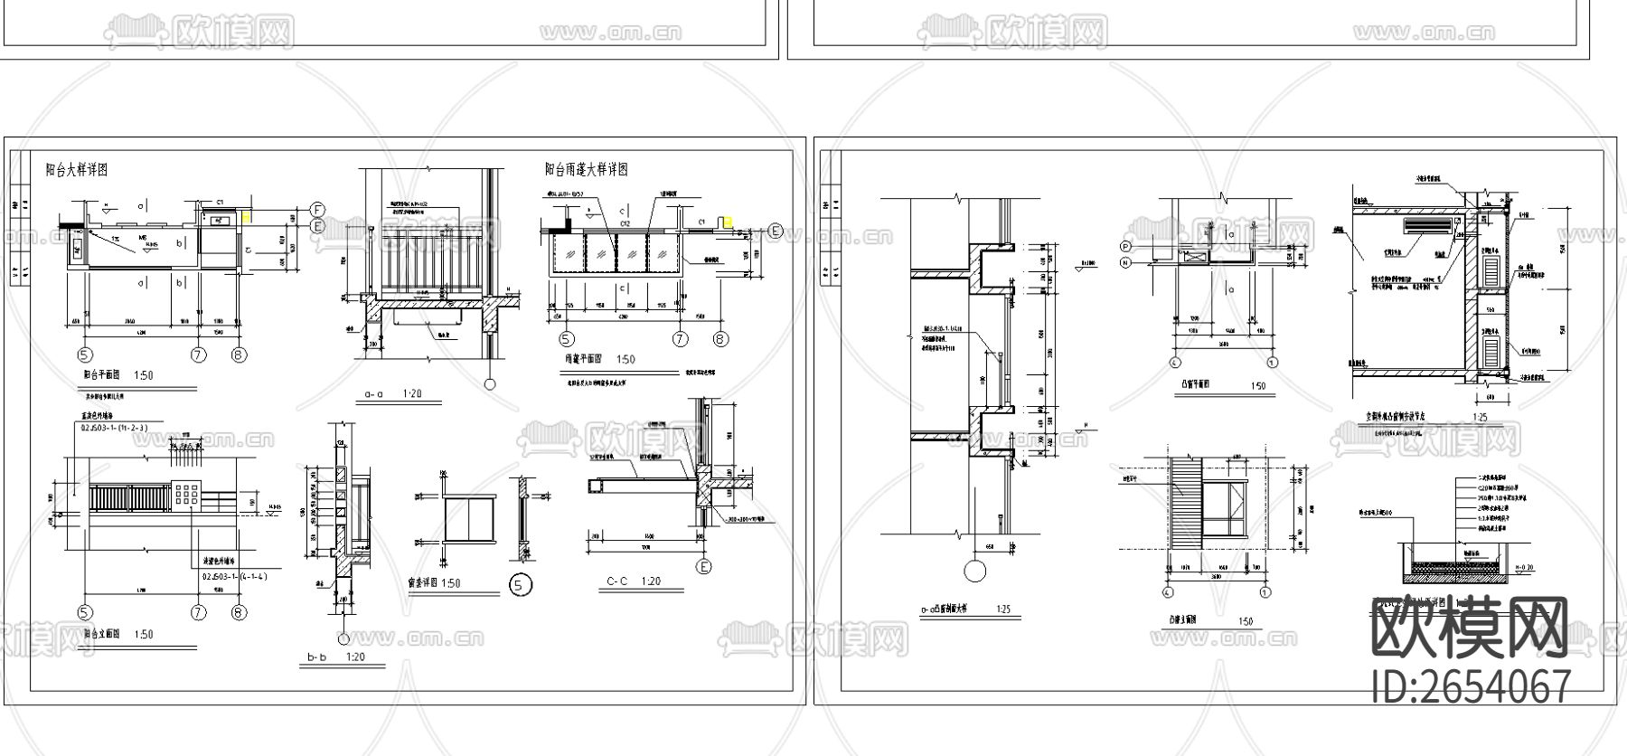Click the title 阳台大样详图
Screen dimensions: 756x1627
tap(77, 169)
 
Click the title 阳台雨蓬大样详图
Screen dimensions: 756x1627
tap(586, 169)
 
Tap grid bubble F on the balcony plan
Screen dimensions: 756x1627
tap(318, 208)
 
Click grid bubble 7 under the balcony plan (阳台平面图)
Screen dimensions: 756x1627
tap(198, 354)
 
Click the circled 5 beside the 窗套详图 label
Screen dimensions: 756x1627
tap(521, 585)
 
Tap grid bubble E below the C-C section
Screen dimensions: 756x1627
tap(703, 567)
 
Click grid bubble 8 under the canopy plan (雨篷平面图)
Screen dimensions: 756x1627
tap(720, 340)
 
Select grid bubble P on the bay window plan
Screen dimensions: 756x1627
tap(1126, 246)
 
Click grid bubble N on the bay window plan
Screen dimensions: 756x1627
tap(1126, 262)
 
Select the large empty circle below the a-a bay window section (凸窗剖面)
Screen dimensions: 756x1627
tap(974, 572)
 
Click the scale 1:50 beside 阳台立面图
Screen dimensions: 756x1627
tap(144, 634)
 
